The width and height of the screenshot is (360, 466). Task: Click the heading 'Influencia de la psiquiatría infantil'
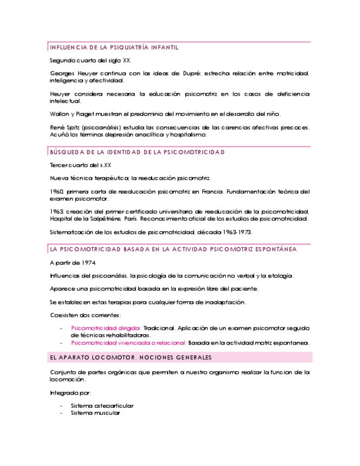coord(114,48)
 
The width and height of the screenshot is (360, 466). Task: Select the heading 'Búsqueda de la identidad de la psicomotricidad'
coord(137,152)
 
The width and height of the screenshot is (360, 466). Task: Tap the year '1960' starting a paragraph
coord(57,192)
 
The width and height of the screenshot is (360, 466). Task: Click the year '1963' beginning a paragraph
coord(57,212)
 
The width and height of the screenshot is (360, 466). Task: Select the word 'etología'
coord(280,275)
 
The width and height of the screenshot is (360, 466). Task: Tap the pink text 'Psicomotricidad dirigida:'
coord(106,328)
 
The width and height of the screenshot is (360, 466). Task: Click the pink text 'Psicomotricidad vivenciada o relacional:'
coord(129,342)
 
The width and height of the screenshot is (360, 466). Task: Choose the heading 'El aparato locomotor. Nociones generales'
coord(130,358)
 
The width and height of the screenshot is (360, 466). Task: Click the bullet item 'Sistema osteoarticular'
coord(102,406)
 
